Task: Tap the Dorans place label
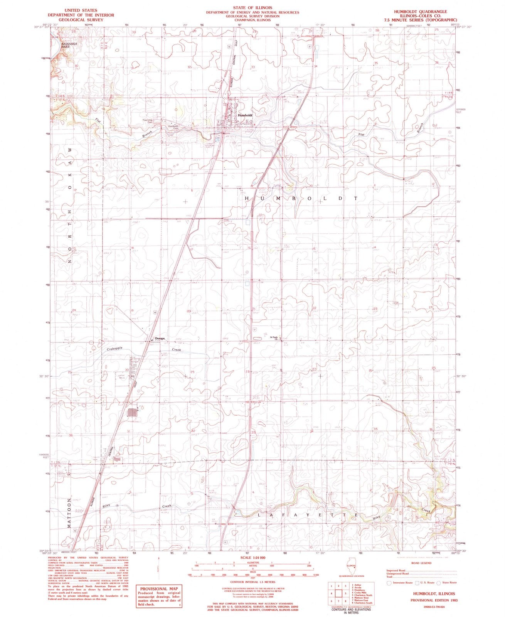(x=160, y=339)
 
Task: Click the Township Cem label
(x=148, y=120)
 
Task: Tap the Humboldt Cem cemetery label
(x=172, y=127)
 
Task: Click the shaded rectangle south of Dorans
(x=132, y=412)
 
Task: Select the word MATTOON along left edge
(x=71, y=515)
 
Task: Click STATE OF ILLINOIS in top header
(x=252, y=8)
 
